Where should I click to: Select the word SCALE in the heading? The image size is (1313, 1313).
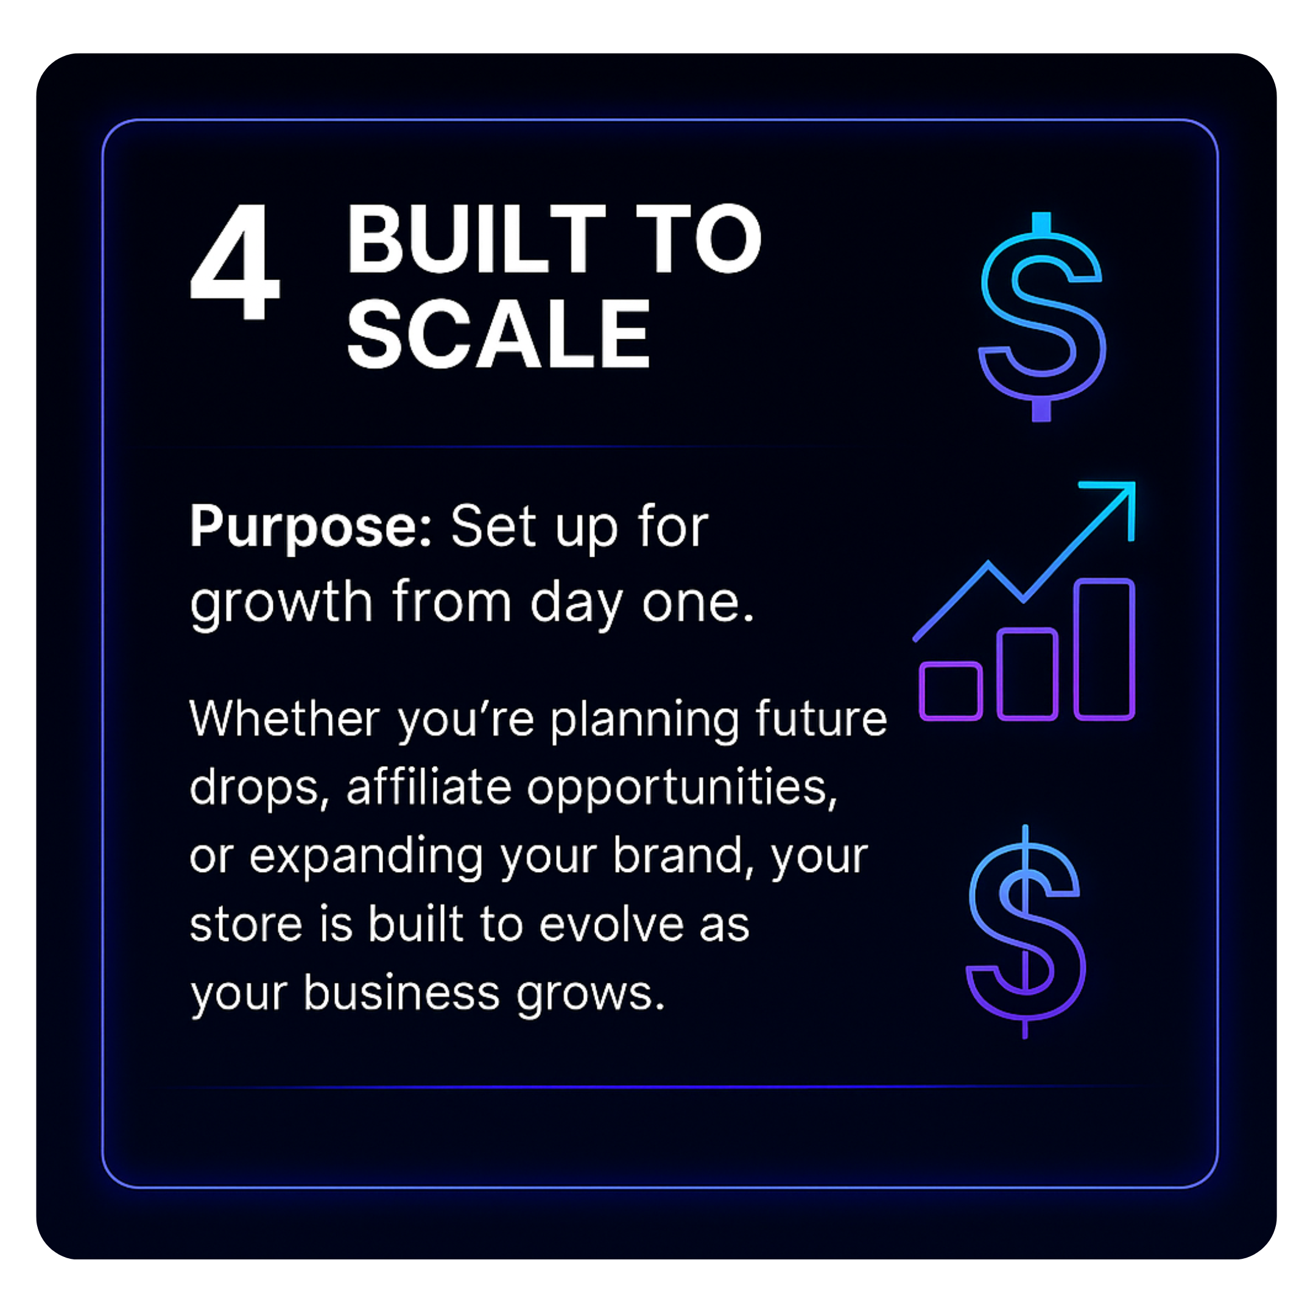click(498, 334)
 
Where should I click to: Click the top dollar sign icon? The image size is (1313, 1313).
click(1042, 317)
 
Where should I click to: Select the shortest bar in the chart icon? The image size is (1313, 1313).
click(950, 691)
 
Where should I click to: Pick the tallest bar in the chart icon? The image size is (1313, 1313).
click(1104, 649)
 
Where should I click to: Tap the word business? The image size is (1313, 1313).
click(402, 992)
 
